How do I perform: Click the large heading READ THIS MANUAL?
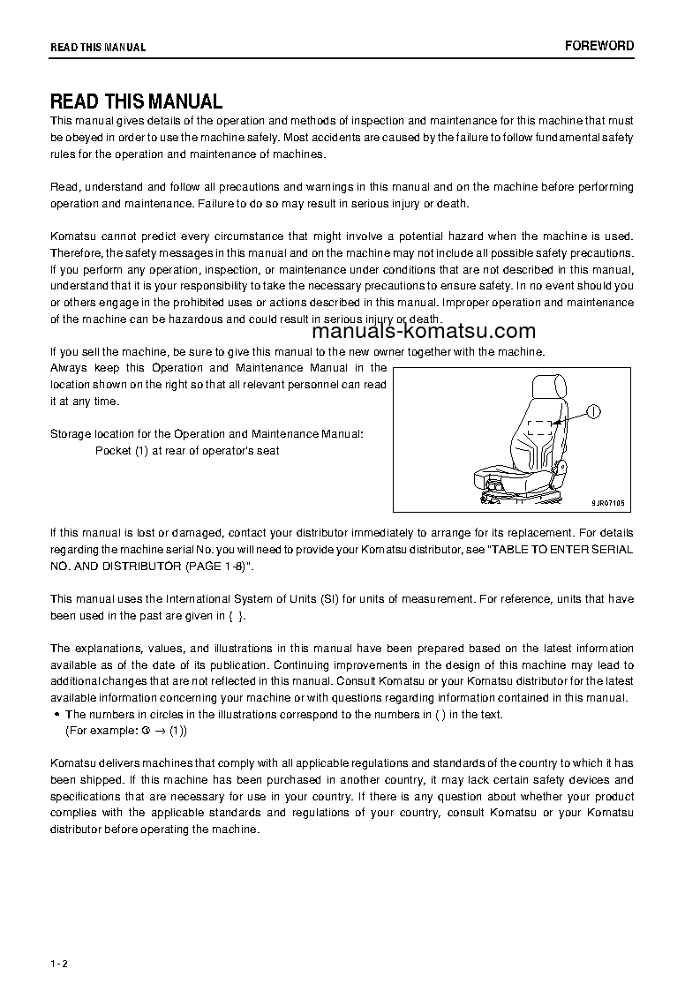point(136,101)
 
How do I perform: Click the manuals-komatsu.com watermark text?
point(423,332)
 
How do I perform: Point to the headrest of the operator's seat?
point(547,386)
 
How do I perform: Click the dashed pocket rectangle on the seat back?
point(539,430)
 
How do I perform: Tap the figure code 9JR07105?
point(608,502)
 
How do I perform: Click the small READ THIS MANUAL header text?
point(98,47)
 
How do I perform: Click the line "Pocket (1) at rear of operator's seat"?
point(187,450)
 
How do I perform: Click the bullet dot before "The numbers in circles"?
point(56,715)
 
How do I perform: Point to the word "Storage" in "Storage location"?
point(71,434)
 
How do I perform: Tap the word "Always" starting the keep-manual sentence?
point(69,367)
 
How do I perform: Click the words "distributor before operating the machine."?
point(155,829)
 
